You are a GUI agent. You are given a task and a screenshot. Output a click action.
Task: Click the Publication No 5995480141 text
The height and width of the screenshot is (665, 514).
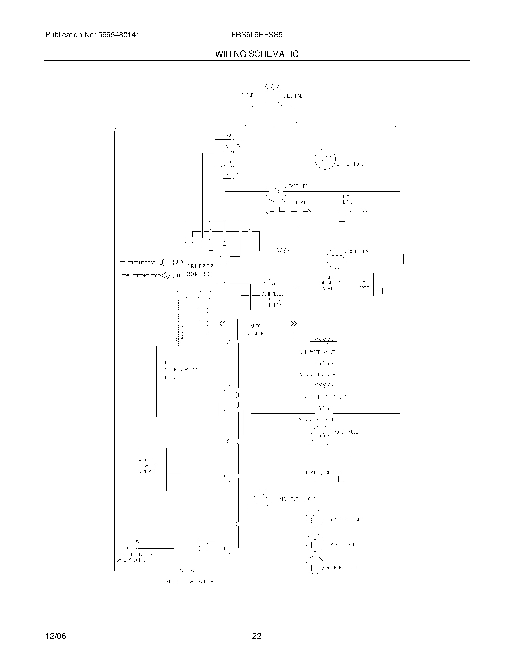(x=92, y=35)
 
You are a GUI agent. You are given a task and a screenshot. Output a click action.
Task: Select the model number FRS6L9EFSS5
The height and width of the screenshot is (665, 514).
(x=257, y=35)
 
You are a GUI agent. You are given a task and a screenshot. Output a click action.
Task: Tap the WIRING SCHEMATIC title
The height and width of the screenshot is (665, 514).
(x=257, y=54)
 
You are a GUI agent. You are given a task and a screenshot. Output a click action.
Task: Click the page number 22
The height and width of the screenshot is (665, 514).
(x=257, y=636)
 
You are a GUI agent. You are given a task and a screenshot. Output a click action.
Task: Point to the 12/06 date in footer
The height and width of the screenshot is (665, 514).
(x=56, y=636)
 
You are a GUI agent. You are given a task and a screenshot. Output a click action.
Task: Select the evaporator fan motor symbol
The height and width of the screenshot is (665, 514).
(x=276, y=191)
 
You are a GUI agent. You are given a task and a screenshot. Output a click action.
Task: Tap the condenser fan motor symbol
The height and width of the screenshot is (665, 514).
(x=337, y=258)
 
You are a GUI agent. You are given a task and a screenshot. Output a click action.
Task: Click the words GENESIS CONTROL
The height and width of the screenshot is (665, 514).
(x=200, y=271)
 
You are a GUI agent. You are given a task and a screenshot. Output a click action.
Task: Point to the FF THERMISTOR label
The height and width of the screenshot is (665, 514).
(x=137, y=263)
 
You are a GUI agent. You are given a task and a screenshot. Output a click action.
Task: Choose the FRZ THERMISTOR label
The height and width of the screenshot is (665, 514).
(x=141, y=276)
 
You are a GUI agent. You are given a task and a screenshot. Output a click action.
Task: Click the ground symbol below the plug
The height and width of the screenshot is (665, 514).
(x=272, y=128)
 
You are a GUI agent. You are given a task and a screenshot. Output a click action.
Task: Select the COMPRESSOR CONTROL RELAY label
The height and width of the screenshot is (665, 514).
(x=274, y=300)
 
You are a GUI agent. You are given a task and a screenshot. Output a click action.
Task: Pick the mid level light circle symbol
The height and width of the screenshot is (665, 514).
(x=263, y=498)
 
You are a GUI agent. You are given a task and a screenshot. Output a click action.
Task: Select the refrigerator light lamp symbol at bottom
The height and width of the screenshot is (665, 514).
(x=314, y=566)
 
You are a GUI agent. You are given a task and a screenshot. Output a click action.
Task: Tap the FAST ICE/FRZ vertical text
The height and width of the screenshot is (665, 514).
(x=179, y=335)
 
